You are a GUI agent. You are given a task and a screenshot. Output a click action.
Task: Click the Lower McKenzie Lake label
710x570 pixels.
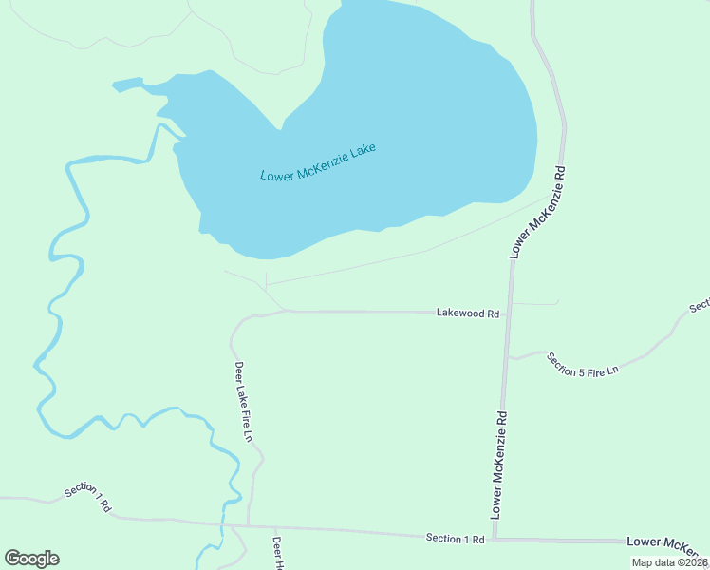coord(318,162)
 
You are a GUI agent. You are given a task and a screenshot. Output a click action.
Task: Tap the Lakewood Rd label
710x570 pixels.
coord(467,312)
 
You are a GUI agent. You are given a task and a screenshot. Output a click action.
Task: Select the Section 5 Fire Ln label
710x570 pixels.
coord(582,363)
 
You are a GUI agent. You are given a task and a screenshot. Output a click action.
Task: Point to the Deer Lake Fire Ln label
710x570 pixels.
coord(244,401)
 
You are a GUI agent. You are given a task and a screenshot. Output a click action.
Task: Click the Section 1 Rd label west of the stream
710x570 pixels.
coord(87,498)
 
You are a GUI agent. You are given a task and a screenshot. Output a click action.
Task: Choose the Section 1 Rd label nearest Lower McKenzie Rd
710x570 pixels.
coord(456,539)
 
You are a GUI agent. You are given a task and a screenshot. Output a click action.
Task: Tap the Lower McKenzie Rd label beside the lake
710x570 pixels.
coord(537,213)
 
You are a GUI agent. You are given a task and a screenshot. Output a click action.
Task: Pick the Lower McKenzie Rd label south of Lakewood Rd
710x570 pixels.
coord(499,464)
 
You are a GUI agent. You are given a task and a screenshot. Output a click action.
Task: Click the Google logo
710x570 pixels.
coord(31,559)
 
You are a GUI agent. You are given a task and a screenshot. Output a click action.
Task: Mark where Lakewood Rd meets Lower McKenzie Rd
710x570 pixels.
coord(509,312)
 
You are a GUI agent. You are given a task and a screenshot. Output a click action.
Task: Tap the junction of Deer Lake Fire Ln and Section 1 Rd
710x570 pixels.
coord(248,524)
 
